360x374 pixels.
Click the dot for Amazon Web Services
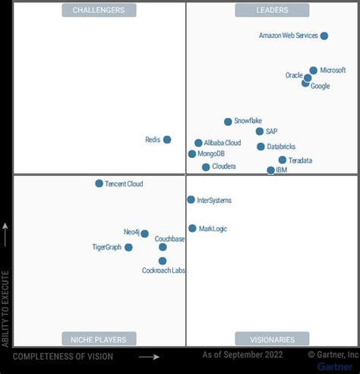pyautogui.click(x=324, y=36)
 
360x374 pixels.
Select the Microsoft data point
pyautogui.click(x=313, y=71)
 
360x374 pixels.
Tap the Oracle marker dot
pyautogui.click(x=308, y=78)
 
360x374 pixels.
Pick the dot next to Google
pyautogui.click(x=305, y=83)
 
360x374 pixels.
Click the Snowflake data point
pyautogui.click(x=228, y=122)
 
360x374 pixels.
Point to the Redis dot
pyautogui.click(x=167, y=140)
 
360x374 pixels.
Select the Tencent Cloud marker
pyautogui.click(x=99, y=183)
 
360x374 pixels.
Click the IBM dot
pyautogui.click(x=271, y=170)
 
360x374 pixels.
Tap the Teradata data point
pyautogui.click(x=283, y=160)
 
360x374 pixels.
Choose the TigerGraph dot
pyautogui.click(x=128, y=247)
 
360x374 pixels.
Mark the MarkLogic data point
pyautogui.click(x=192, y=228)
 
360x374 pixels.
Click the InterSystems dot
pyautogui.click(x=191, y=200)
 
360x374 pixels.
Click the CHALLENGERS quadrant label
pyautogui.click(x=99, y=10)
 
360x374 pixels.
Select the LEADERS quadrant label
pyautogui.click(x=272, y=10)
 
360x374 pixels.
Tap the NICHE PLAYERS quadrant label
pyautogui.click(x=99, y=339)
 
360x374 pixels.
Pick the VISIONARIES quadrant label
pyautogui.click(x=272, y=339)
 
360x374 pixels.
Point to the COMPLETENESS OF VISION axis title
pyautogui.click(x=63, y=357)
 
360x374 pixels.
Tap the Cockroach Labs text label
pyautogui.click(x=164, y=271)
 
